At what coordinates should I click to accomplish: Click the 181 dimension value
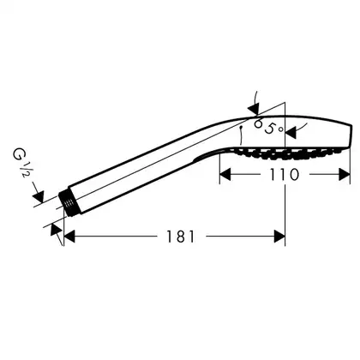click(181, 237)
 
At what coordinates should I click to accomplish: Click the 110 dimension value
click(285, 175)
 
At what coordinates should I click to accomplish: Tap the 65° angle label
click(268, 127)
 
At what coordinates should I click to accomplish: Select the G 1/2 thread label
click(21, 162)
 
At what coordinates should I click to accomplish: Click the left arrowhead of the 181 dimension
click(69, 237)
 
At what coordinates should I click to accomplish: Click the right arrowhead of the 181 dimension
click(279, 237)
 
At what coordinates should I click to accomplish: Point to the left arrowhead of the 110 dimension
click(225, 175)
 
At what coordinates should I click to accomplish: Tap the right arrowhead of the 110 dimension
click(345, 175)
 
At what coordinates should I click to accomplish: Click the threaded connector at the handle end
click(68, 203)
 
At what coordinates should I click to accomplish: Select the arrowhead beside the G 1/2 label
click(39, 196)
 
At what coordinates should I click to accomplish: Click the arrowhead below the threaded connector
click(56, 230)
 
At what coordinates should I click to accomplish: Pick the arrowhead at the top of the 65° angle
click(253, 110)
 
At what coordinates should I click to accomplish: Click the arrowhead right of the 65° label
click(291, 133)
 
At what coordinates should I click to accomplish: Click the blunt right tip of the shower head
click(351, 136)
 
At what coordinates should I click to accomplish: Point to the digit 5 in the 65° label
click(269, 129)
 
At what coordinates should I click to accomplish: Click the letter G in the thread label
click(18, 155)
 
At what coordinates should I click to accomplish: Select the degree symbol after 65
click(281, 129)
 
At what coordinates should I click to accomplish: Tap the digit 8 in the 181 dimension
click(181, 237)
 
